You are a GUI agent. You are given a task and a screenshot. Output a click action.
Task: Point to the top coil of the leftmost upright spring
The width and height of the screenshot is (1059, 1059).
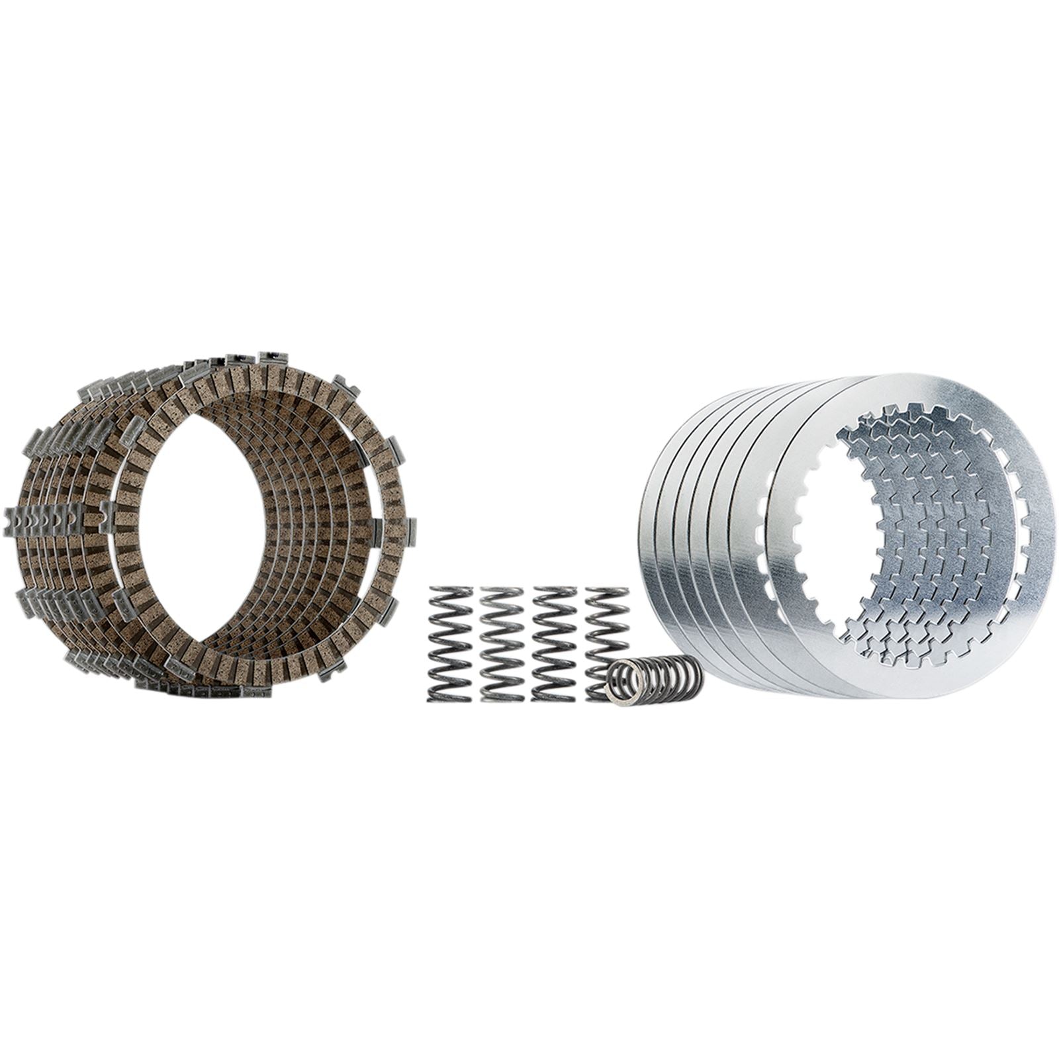pyautogui.click(x=451, y=592)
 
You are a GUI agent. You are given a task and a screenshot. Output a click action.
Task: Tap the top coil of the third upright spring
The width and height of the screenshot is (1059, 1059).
pyautogui.click(x=555, y=592)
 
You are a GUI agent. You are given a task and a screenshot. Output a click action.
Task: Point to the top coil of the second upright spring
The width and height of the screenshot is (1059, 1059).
pyautogui.click(x=503, y=592)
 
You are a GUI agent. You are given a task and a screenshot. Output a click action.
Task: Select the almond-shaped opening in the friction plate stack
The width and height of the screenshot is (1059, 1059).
pyautogui.click(x=205, y=523)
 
